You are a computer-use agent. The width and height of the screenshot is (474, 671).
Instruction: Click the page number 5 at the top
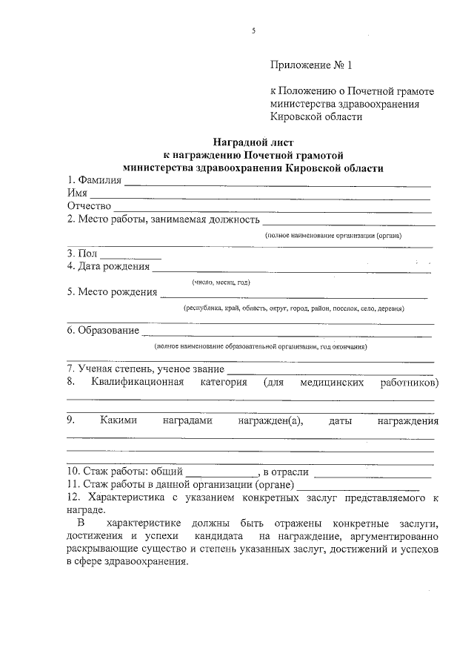253,30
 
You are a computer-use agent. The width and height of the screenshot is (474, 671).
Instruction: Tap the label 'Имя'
77,193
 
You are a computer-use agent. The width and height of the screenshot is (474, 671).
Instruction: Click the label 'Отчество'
89,205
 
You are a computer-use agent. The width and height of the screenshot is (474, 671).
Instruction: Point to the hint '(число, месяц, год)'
220,282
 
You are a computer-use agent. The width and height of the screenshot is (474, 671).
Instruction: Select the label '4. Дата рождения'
108,266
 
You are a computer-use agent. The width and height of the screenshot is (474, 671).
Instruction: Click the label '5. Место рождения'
112,292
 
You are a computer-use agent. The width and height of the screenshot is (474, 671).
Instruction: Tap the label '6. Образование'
103,331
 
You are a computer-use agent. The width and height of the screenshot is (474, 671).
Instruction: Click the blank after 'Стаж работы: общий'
221,472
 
